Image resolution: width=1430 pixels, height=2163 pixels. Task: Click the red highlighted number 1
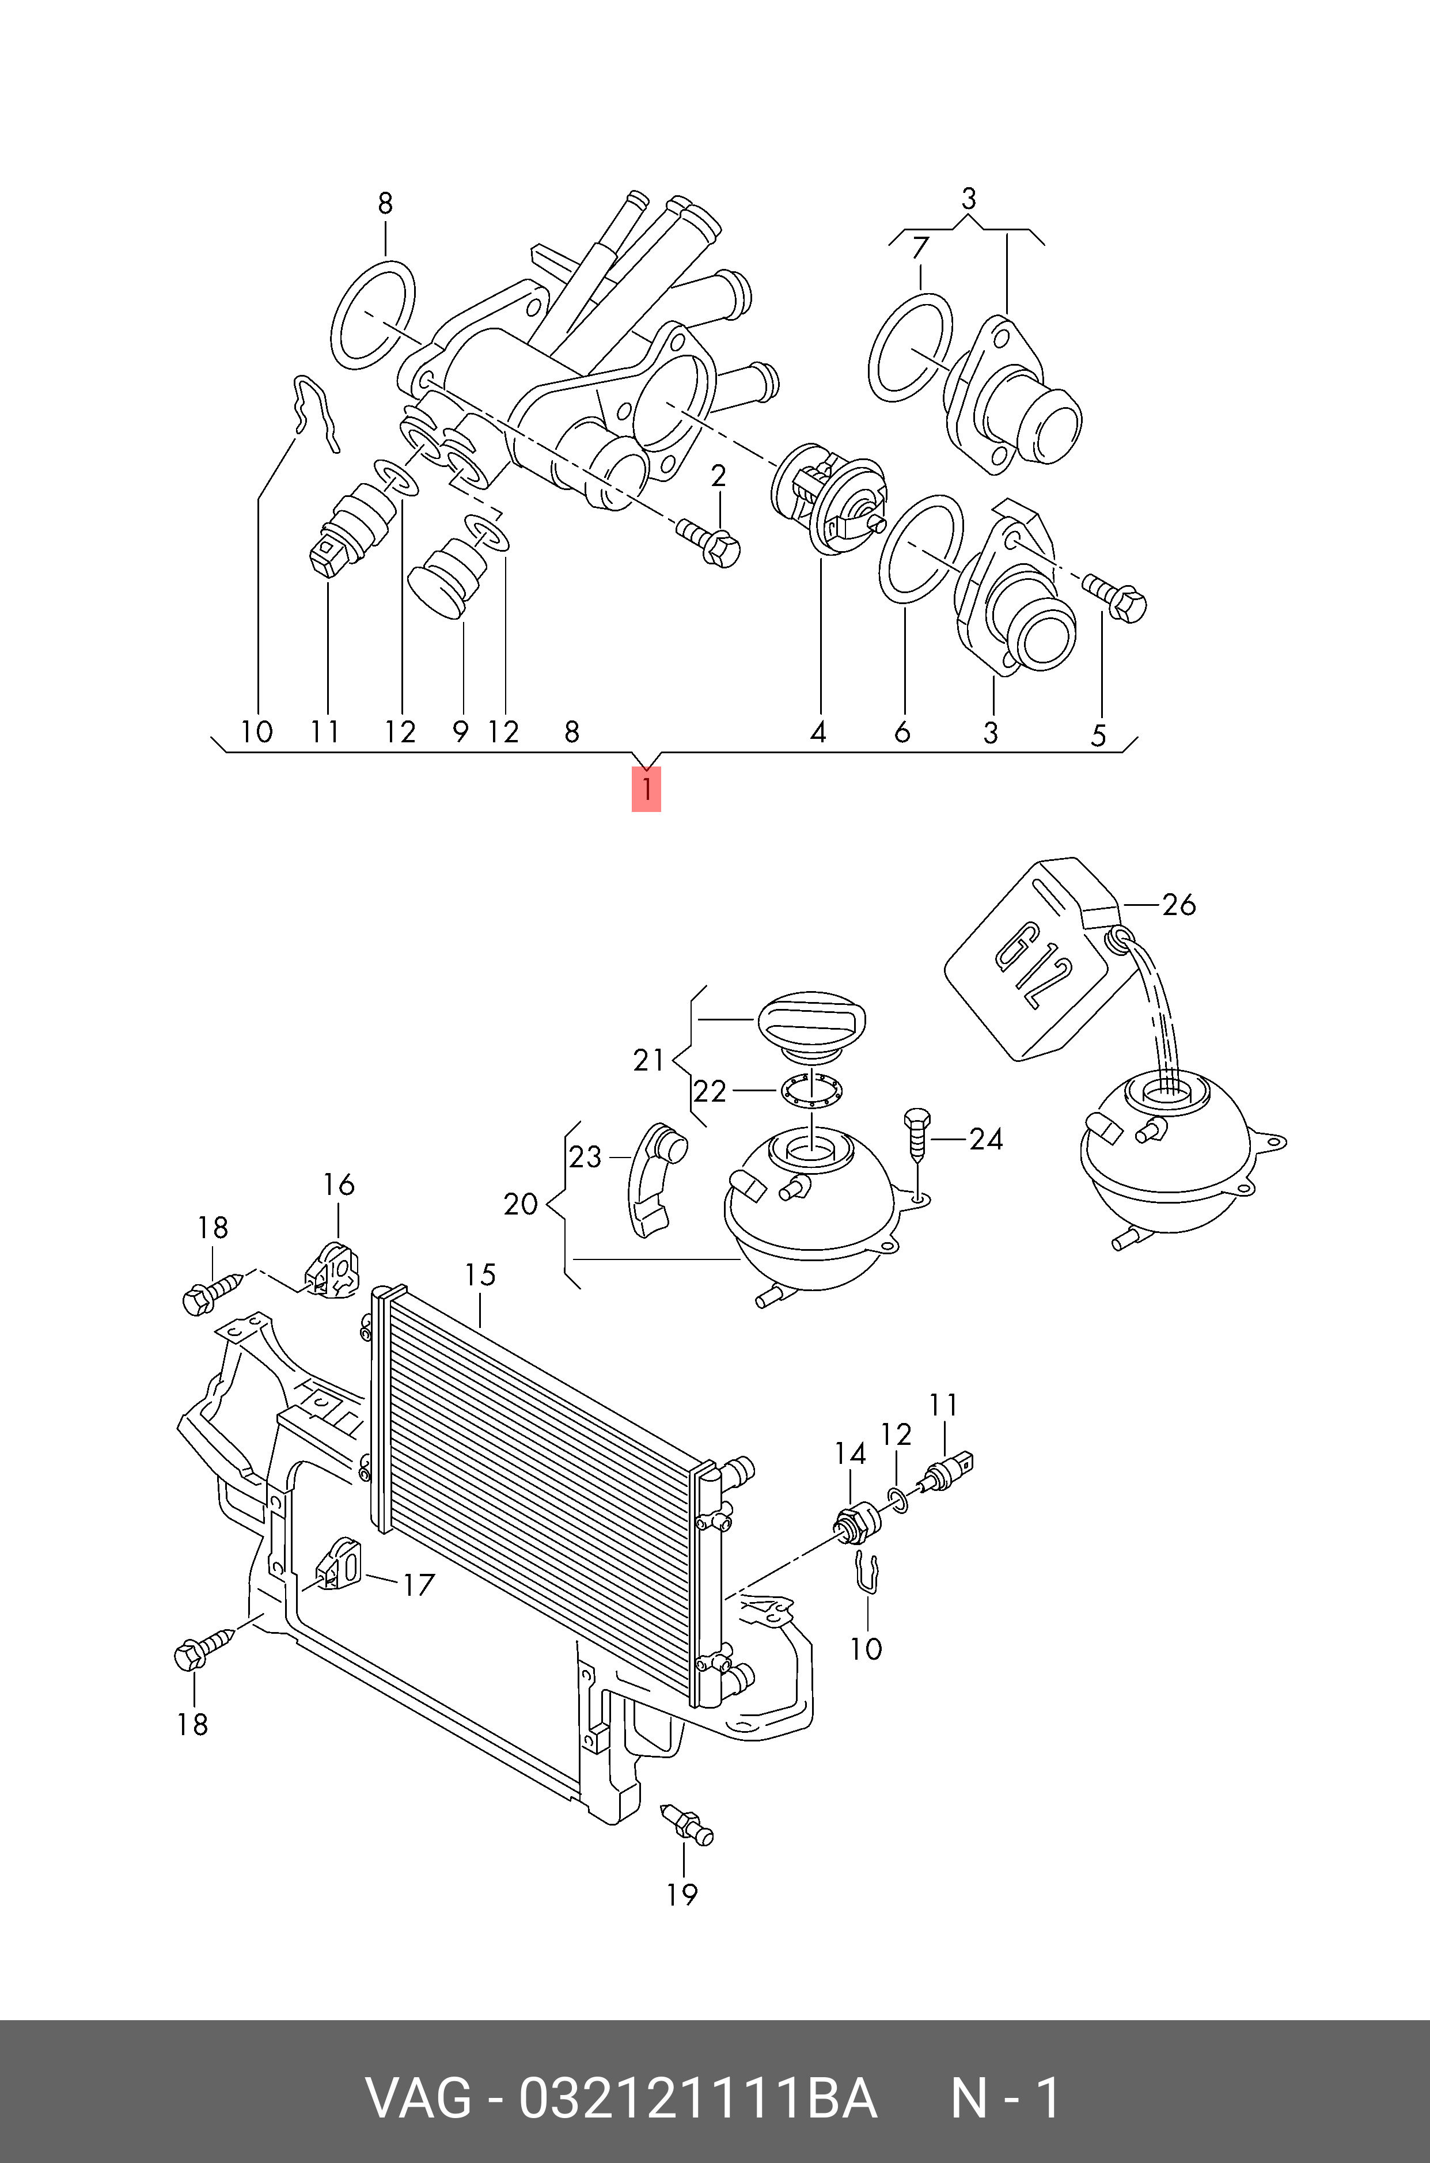tap(646, 790)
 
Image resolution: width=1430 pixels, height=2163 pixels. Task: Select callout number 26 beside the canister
tap(1178, 905)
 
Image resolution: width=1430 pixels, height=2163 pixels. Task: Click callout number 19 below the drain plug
tap(682, 1895)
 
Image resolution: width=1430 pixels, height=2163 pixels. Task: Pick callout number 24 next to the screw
tap(986, 1139)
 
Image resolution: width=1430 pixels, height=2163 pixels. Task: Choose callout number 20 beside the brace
tap(521, 1205)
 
